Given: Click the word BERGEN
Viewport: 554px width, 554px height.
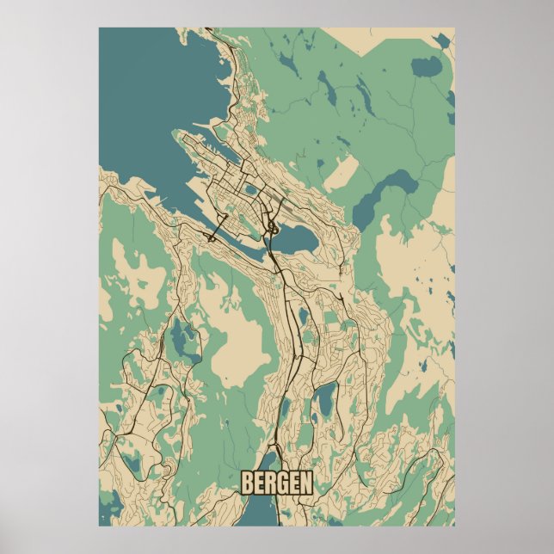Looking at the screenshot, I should pos(276,483).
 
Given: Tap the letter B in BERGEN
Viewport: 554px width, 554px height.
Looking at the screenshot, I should pos(248,483).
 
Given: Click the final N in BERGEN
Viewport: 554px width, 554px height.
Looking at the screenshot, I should pos(305,483).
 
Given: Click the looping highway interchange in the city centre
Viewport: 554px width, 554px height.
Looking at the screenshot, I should pos(271,228).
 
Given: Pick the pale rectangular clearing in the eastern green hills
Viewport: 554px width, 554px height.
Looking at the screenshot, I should pos(342,173).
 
